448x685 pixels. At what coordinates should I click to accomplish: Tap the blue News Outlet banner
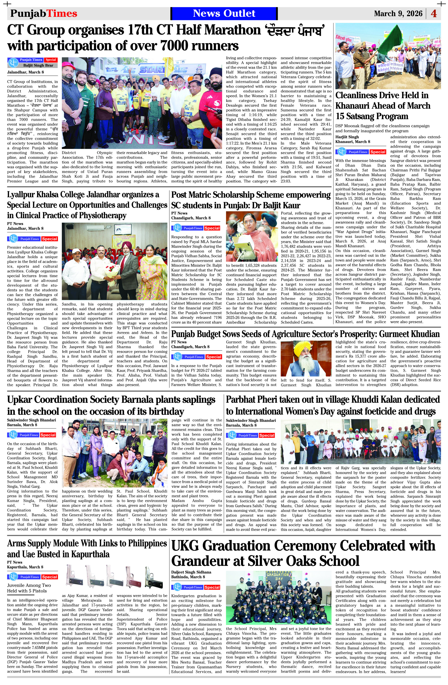tap(224, 13)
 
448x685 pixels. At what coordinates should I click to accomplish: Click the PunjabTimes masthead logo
tap(44, 13)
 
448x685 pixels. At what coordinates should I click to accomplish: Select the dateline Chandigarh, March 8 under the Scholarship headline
tap(191, 218)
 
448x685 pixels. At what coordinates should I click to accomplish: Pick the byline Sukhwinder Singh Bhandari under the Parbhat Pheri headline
tap(250, 421)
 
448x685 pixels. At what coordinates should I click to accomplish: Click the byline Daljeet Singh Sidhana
tap(191, 572)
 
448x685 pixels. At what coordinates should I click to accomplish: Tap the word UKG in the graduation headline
tap(189, 546)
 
